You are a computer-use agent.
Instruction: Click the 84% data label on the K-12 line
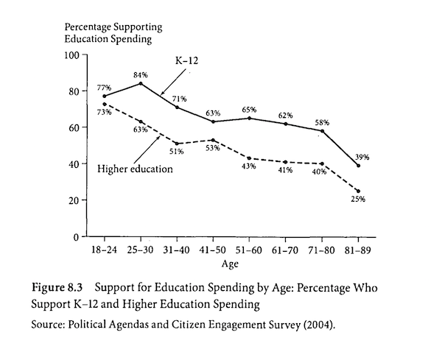pos(140,75)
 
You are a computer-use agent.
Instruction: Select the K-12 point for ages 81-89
pos(359,166)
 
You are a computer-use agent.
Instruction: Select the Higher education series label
pos(135,169)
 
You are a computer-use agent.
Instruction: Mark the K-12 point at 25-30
pos(141,83)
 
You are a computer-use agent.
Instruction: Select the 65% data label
pos(250,110)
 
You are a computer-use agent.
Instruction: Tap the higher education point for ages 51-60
pos(250,158)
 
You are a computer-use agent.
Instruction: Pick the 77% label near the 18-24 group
pos(103,88)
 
